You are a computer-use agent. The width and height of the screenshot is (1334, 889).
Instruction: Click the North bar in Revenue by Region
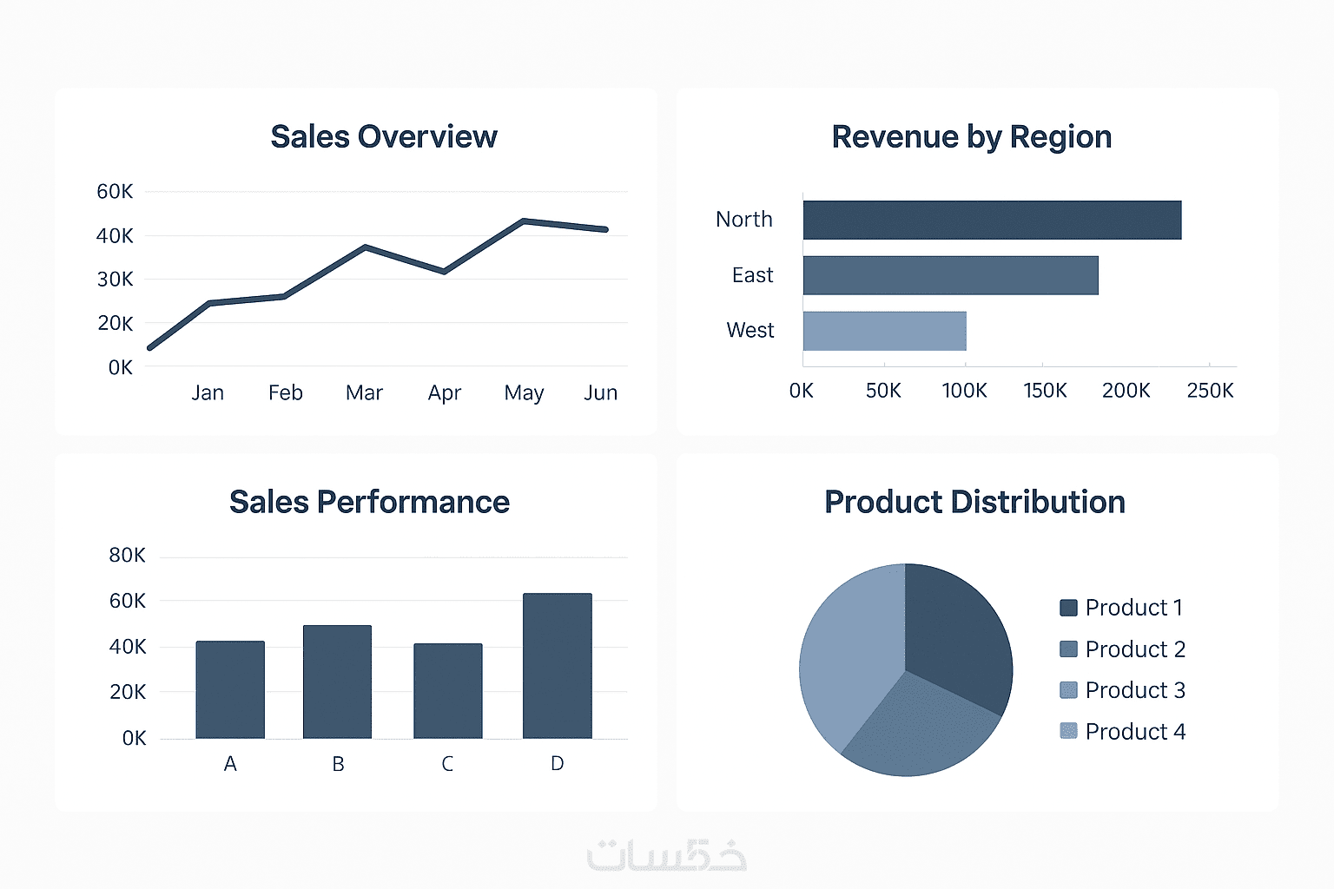pyautogui.click(x=992, y=220)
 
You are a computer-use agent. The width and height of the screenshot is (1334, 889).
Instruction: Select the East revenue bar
pyautogui.click(x=950, y=275)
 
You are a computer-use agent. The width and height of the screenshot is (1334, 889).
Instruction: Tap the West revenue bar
pyautogui.click(x=884, y=331)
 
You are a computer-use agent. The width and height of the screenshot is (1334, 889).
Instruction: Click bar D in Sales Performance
pyautogui.click(x=557, y=666)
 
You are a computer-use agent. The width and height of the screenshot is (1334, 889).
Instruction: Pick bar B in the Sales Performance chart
pyautogui.click(x=337, y=682)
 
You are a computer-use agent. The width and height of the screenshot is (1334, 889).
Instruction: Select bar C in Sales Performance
pyautogui.click(x=447, y=691)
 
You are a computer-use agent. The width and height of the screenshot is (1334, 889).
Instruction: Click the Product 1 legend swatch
pyautogui.click(x=1068, y=608)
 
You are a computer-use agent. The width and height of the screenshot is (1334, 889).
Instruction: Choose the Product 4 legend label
pyautogui.click(x=1135, y=732)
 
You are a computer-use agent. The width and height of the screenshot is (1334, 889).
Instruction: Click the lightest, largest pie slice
pyautogui.click(x=847, y=660)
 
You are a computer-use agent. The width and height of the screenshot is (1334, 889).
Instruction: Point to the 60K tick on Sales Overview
pyautogui.click(x=115, y=191)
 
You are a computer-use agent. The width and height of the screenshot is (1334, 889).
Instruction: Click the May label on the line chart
pyautogui.click(x=524, y=393)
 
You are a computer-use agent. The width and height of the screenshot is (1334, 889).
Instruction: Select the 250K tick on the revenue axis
pyautogui.click(x=1210, y=391)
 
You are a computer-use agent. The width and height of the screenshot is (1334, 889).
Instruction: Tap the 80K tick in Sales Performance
pyautogui.click(x=127, y=556)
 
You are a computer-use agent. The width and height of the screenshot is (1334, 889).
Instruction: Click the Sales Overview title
pyautogui.click(x=384, y=137)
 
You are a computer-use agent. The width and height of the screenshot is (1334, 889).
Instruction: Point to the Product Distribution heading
pyautogui.click(x=974, y=503)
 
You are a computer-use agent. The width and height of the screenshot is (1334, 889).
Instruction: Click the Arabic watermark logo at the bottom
pyautogui.click(x=666, y=855)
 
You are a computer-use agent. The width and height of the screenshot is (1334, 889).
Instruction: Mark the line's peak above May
pyautogui.click(x=524, y=221)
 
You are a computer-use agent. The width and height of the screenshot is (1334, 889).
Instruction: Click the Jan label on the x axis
pyautogui.click(x=208, y=393)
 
